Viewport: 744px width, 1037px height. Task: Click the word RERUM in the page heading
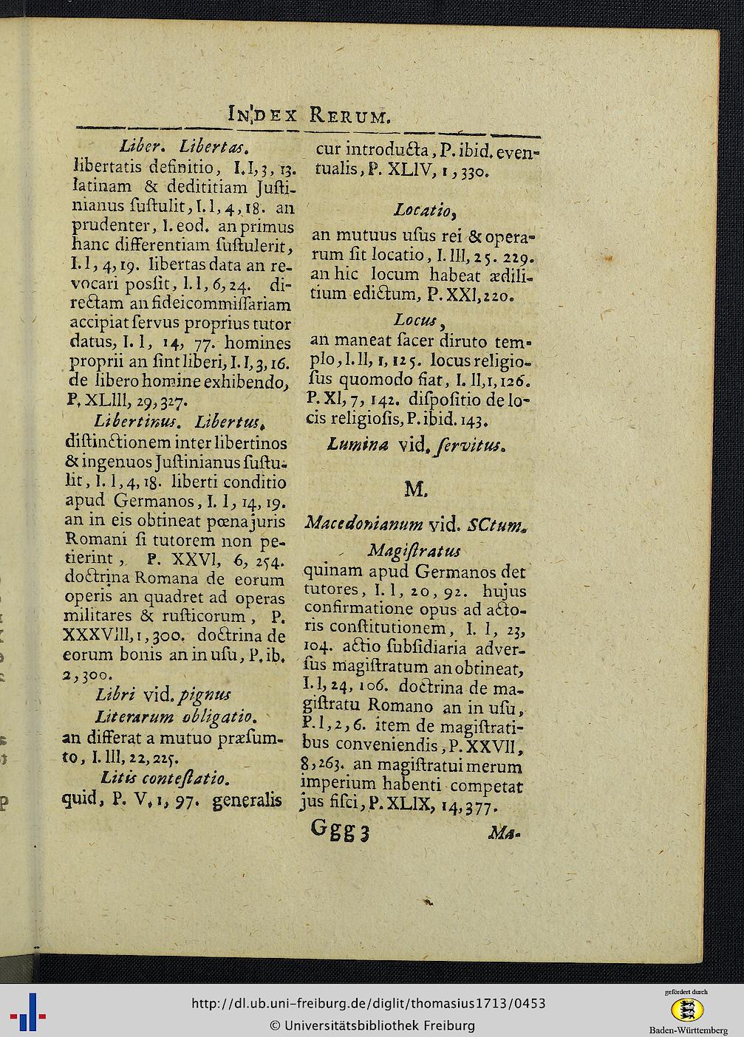pyautogui.click(x=349, y=115)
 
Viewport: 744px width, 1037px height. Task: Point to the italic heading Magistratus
pyautogui.click(x=414, y=551)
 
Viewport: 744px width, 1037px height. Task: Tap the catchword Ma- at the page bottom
pyautogui.click(x=504, y=834)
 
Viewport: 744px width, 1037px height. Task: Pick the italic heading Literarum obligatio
pyautogui.click(x=176, y=716)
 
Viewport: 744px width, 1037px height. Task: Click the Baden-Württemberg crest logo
pyautogui.click(x=688, y=1008)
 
